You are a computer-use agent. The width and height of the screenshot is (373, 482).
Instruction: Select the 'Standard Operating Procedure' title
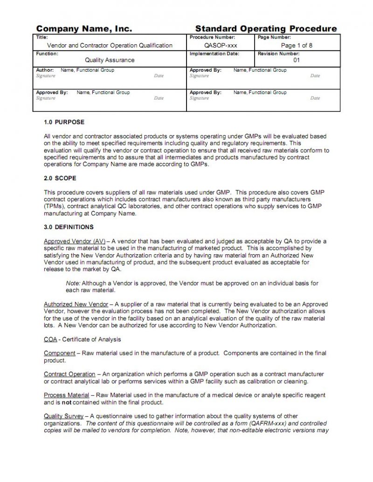point(266,29)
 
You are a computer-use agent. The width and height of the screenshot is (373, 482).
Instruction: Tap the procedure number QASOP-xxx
point(218,45)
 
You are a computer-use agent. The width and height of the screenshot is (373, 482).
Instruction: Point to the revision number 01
point(297,60)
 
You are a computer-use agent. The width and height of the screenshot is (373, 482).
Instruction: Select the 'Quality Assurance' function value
point(110,60)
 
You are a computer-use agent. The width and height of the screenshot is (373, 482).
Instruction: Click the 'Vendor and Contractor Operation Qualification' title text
point(110,45)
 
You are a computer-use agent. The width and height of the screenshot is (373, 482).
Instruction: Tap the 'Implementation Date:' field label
point(214,54)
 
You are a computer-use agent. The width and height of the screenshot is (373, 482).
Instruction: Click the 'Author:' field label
point(45,70)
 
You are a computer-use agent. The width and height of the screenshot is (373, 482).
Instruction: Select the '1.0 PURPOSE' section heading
point(64,122)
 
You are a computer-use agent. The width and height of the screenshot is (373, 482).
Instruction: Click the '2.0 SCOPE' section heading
point(60,178)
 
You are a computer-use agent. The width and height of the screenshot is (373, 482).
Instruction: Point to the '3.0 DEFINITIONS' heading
point(69,227)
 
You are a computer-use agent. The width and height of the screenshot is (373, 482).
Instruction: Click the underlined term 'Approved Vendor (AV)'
point(75,241)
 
